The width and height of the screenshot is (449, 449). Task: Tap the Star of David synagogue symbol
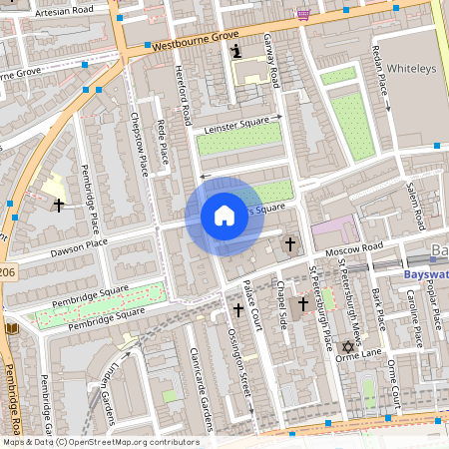[348, 347]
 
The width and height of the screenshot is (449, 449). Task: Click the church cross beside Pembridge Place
[59, 205]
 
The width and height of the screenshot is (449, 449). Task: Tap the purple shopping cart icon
[303, 14]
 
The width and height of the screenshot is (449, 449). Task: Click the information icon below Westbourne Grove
[235, 51]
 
